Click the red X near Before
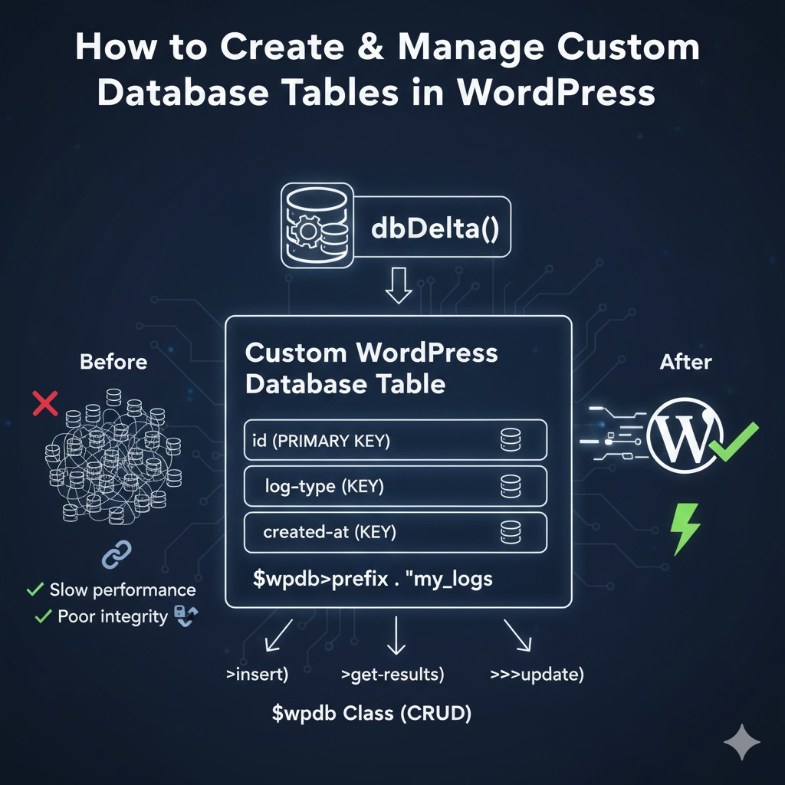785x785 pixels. pyautogui.click(x=45, y=402)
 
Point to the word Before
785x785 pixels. pyautogui.click(x=113, y=361)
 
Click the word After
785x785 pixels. pyautogui.click(x=685, y=362)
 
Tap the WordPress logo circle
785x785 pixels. pyautogui.click(x=684, y=434)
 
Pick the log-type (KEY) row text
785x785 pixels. pyautogui.click(x=324, y=486)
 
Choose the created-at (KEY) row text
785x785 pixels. pyautogui.click(x=330, y=531)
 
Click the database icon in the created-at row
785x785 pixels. pyautogui.click(x=510, y=531)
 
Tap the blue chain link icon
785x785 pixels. pyautogui.click(x=117, y=554)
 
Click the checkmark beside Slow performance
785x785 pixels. pyautogui.click(x=34, y=590)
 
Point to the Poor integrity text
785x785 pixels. pyautogui.click(x=113, y=616)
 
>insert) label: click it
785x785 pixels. pyautogui.click(x=257, y=675)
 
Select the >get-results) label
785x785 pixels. pyautogui.click(x=392, y=675)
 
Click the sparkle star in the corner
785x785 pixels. pyautogui.click(x=741, y=742)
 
